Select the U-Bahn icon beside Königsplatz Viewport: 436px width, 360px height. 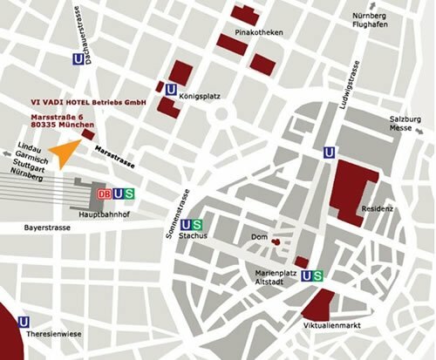click(x=170, y=87)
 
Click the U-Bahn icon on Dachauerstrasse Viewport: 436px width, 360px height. click(x=80, y=59)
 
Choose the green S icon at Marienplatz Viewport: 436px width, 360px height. click(x=321, y=275)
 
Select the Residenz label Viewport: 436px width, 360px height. click(x=377, y=210)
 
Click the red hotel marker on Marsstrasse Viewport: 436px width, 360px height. click(x=88, y=135)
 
